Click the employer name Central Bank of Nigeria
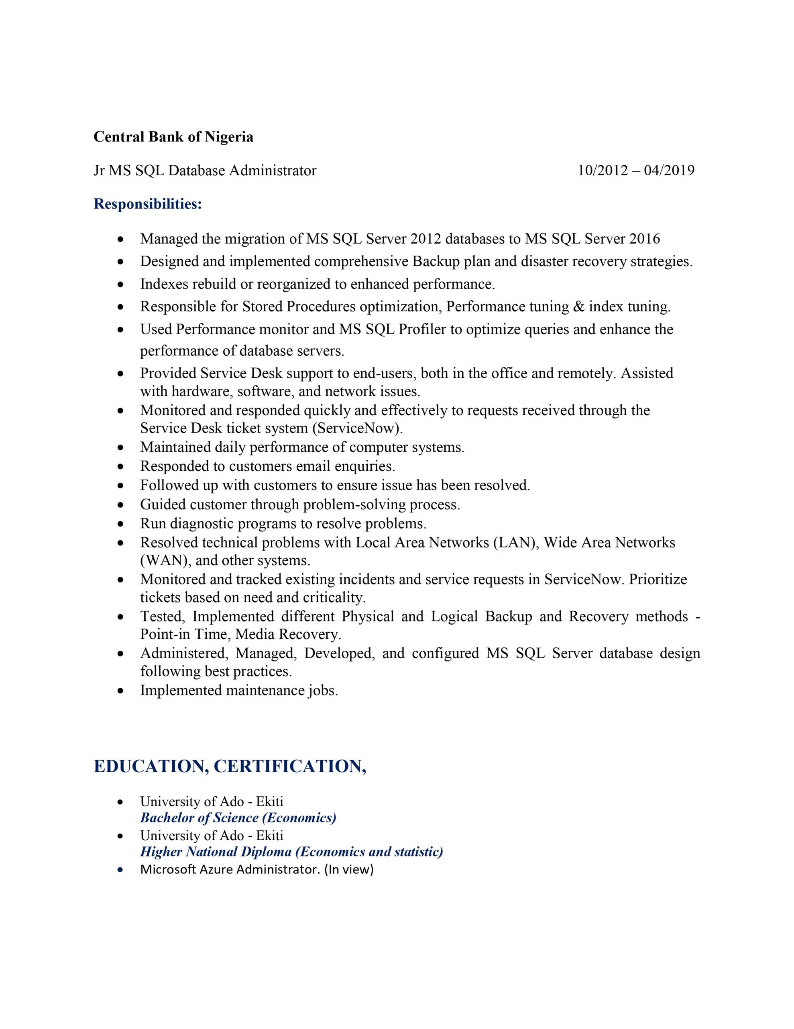point(173,137)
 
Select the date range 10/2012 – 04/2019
point(636,170)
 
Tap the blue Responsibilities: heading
point(148,204)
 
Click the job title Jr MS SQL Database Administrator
point(205,170)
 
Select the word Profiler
point(422,329)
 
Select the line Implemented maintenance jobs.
point(239,690)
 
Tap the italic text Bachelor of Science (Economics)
point(238,818)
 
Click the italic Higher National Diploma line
point(291,851)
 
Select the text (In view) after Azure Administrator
point(349,869)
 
